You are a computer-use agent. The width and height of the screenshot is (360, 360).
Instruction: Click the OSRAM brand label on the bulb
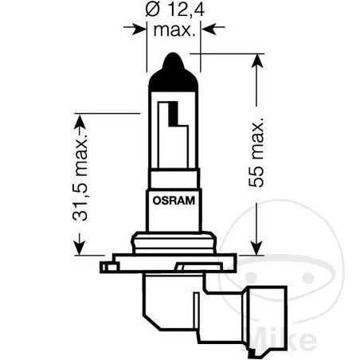[172, 202]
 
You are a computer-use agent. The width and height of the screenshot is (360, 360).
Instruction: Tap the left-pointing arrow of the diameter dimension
[209, 30]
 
